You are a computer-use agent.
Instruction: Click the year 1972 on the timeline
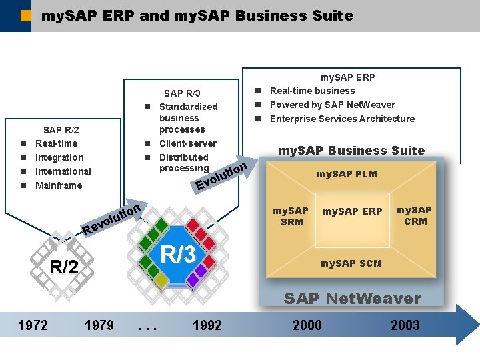[x=33, y=325]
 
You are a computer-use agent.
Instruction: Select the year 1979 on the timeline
[x=99, y=325]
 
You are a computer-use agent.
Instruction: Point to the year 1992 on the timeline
[x=207, y=325]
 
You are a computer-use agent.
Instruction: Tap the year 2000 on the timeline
[x=307, y=325]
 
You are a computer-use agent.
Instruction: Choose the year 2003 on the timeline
[x=405, y=325]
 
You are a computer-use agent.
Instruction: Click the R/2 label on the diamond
[x=65, y=268]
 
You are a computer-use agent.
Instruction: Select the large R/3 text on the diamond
[x=178, y=254]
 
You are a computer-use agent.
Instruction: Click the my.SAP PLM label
[x=347, y=174]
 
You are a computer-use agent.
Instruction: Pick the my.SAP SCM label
[x=351, y=263]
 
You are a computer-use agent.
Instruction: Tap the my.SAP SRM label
[x=291, y=216]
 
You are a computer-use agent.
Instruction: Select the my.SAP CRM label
[x=414, y=215]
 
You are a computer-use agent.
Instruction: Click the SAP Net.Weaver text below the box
[x=353, y=299]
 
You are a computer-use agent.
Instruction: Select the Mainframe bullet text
[x=59, y=185]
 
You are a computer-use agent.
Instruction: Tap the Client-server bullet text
[x=188, y=143]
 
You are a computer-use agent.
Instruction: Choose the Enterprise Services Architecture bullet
[x=342, y=119]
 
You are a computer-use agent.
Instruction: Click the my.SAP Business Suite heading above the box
[x=351, y=150]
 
